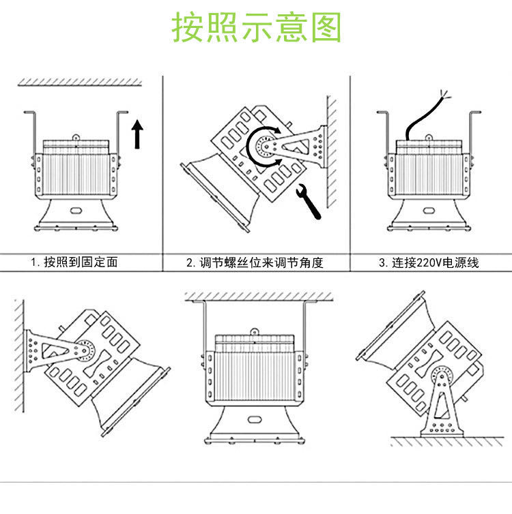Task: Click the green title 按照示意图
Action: click(x=256, y=28)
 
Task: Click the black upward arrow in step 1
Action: click(x=137, y=133)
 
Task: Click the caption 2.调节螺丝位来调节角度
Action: click(x=255, y=262)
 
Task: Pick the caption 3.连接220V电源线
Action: click(x=429, y=262)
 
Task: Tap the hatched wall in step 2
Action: click(x=331, y=153)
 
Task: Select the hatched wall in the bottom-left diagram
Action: click(x=19, y=354)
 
